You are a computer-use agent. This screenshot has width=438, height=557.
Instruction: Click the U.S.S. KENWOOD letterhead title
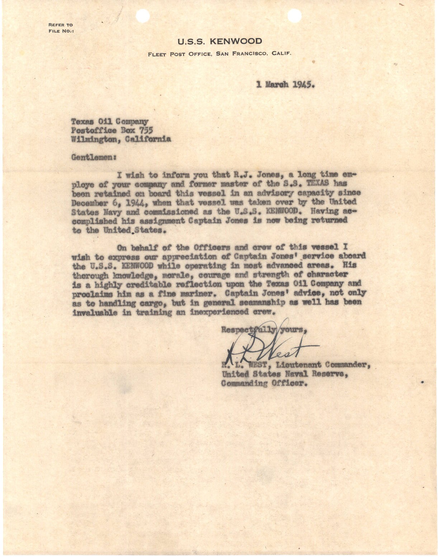[x=220, y=42]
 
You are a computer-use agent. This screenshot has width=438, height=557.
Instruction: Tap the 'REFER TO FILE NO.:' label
[x=61, y=28]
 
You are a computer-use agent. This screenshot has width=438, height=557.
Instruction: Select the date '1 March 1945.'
[x=286, y=85]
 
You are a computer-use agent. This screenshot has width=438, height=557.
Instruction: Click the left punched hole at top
[x=142, y=15]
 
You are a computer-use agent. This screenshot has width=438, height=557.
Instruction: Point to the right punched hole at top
[x=295, y=15]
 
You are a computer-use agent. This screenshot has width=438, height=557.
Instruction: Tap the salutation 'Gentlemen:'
[x=94, y=157]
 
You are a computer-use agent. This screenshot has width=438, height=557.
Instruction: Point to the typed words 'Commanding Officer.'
[x=265, y=383]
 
